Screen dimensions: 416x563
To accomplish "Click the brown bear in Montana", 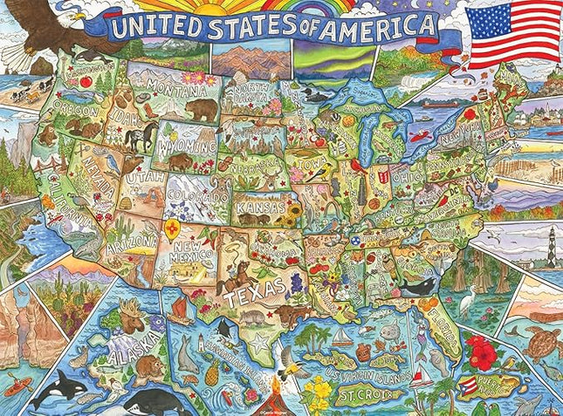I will [x=202, y=109].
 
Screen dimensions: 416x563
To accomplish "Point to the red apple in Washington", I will [x=86, y=81].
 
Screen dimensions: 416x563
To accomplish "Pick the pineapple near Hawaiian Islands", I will [x=212, y=374].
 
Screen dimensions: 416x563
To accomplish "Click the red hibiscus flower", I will [x=481, y=351].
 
